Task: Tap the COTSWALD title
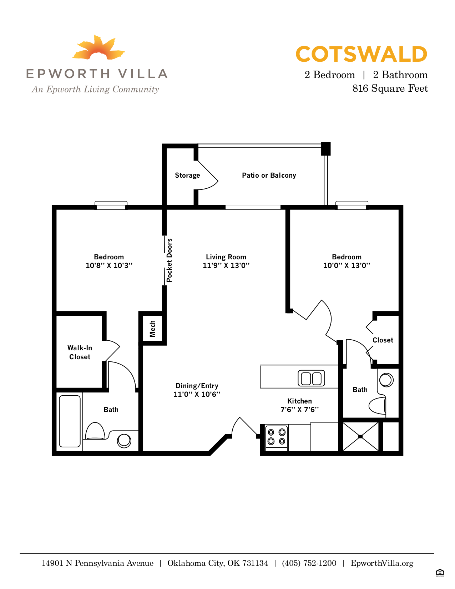click(x=361, y=55)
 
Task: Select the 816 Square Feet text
click(x=390, y=88)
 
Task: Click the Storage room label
click(x=187, y=175)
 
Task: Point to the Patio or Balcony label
click(x=269, y=175)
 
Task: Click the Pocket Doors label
click(x=170, y=260)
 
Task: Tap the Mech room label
click(x=153, y=329)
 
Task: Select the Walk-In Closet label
click(x=80, y=352)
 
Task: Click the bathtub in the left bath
click(x=70, y=421)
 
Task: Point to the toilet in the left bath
click(x=95, y=431)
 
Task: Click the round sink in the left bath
click(x=124, y=441)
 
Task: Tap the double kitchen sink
click(x=311, y=378)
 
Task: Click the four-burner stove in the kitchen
click(x=277, y=437)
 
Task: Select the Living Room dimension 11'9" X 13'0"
click(x=226, y=265)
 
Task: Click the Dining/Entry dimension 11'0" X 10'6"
click(x=197, y=394)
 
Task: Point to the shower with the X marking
click(x=360, y=436)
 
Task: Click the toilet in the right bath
click(x=377, y=406)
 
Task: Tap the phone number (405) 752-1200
click(x=309, y=563)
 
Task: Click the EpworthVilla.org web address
click(x=382, y=563)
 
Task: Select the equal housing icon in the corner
click(x=440, y=573)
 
